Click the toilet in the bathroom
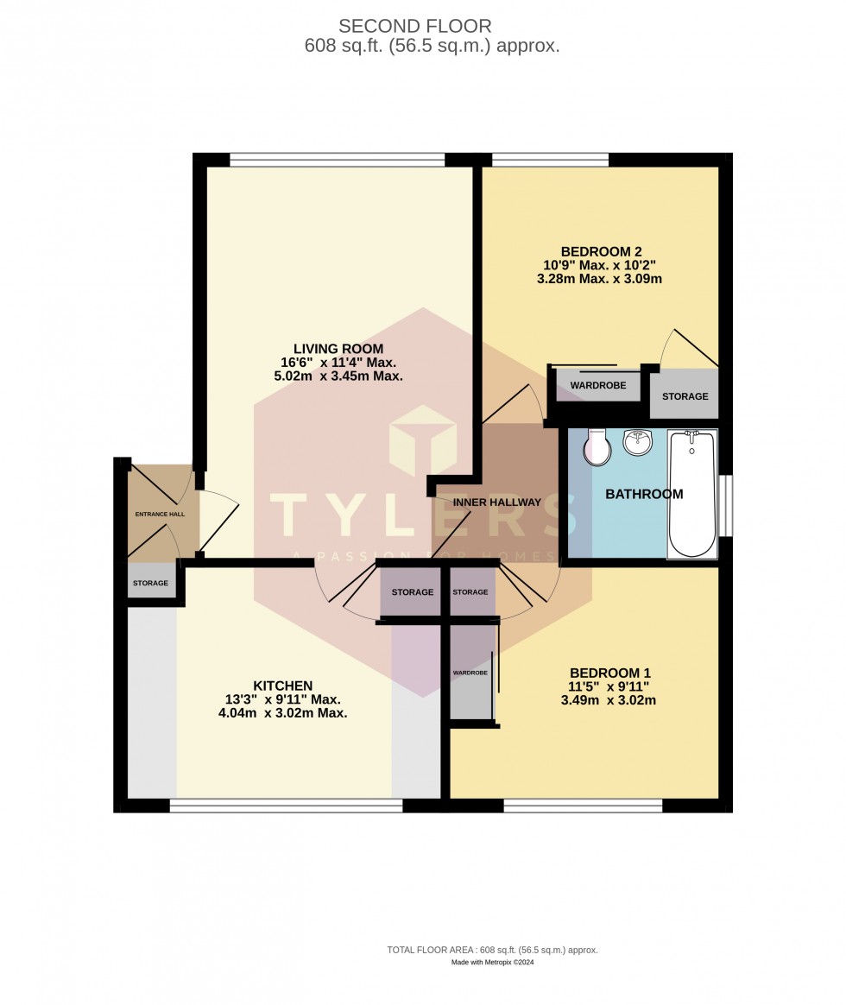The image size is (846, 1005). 596,448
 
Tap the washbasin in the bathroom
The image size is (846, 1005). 637,444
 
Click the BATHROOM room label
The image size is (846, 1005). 644,495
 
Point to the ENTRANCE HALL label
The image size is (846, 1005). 160,515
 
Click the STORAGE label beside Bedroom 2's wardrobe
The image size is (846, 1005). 685,396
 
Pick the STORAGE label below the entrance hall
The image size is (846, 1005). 150,584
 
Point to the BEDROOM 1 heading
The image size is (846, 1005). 610,673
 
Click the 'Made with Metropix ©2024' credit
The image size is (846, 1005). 493,963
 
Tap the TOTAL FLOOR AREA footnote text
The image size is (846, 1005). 492,950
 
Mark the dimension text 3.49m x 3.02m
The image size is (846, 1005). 608,700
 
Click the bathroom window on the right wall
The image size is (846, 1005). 727,505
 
